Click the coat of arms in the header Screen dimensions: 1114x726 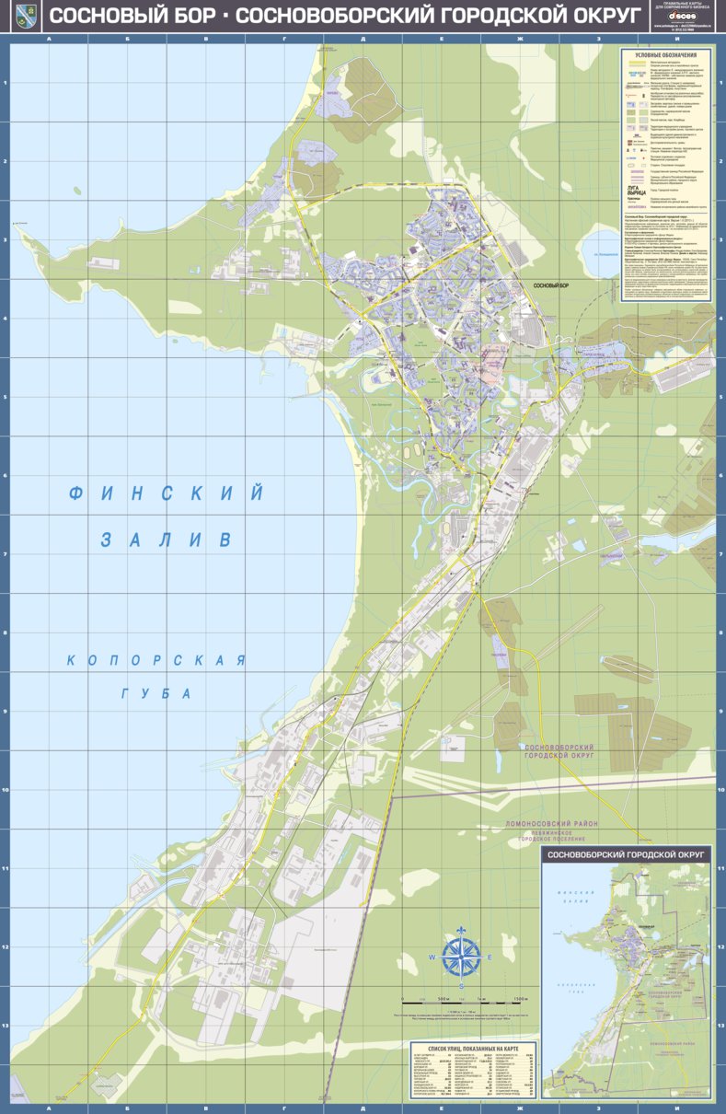click(27, 16)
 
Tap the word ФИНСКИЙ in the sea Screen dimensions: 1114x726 click(166, 493)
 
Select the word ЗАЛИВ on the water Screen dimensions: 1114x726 click(166, 540)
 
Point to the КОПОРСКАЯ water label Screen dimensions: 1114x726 click(156, 660)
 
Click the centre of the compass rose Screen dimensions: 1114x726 click(461, 957)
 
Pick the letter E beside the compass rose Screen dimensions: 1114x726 click(490, 957)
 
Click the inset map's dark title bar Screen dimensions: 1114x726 click(627, 855)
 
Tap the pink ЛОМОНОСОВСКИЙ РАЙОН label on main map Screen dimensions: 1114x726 click(552, 822)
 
